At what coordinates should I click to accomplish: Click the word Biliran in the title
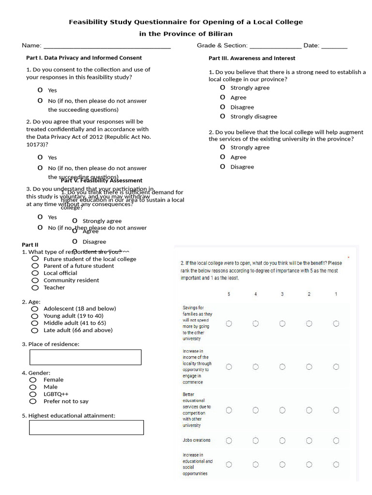(218, 34)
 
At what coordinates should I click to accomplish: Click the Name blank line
(107, 47)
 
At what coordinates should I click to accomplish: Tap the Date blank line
(334, 47)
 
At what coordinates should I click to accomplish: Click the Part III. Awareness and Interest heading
(252, 58)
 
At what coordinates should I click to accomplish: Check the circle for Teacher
(35, 288)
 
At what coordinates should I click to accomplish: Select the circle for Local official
(35, 273)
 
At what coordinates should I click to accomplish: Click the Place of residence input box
(85, 357)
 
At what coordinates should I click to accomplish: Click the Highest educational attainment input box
(86, 427)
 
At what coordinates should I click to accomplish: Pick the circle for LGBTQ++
(33, 394)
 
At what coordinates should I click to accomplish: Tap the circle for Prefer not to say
(33, 401)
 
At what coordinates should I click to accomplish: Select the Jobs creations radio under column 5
(229, 440)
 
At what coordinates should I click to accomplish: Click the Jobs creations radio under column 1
(336, 440)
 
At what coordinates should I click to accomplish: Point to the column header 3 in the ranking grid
(282, 294)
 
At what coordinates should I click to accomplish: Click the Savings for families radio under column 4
(255, 323)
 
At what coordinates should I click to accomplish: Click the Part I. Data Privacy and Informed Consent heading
(84, 58)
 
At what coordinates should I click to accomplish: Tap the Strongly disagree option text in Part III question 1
(254, 116)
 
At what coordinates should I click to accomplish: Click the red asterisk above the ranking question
(348, 258)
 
